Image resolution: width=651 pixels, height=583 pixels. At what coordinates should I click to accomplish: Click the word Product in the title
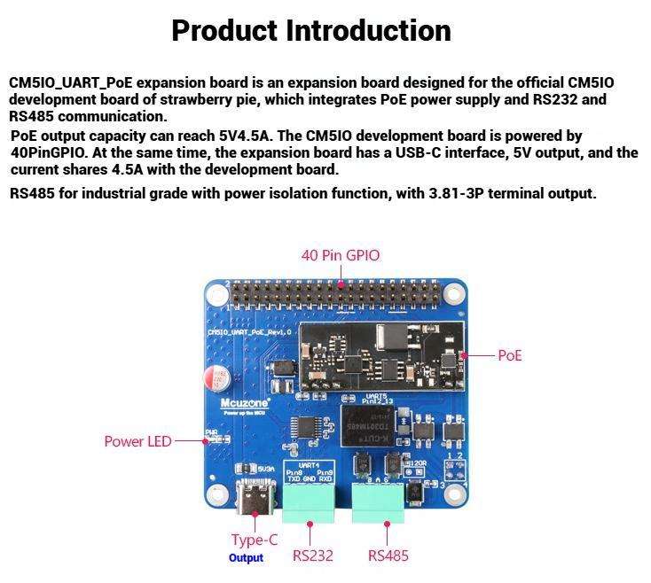tap(224, 31)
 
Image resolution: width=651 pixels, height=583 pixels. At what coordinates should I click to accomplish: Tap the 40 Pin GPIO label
tap(341, 255)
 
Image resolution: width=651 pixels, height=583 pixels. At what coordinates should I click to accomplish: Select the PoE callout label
tap(510, 355)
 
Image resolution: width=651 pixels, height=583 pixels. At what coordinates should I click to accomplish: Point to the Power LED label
tap(137, 441)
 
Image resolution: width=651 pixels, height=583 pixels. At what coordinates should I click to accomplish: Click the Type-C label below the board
tap(254, 540)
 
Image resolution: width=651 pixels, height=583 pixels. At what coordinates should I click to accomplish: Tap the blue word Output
tap(246, 558)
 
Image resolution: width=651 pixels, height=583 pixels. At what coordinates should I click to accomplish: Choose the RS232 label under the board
tap(312, 556)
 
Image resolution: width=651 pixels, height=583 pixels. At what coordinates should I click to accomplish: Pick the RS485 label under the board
tap(388, 556)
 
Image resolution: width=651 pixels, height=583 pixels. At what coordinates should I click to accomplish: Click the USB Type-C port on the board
tap(255, 501)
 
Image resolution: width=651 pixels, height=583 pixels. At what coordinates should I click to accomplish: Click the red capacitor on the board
tap(216, 378)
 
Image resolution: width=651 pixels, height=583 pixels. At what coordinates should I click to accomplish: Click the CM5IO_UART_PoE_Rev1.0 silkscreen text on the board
tap(249, 332)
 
